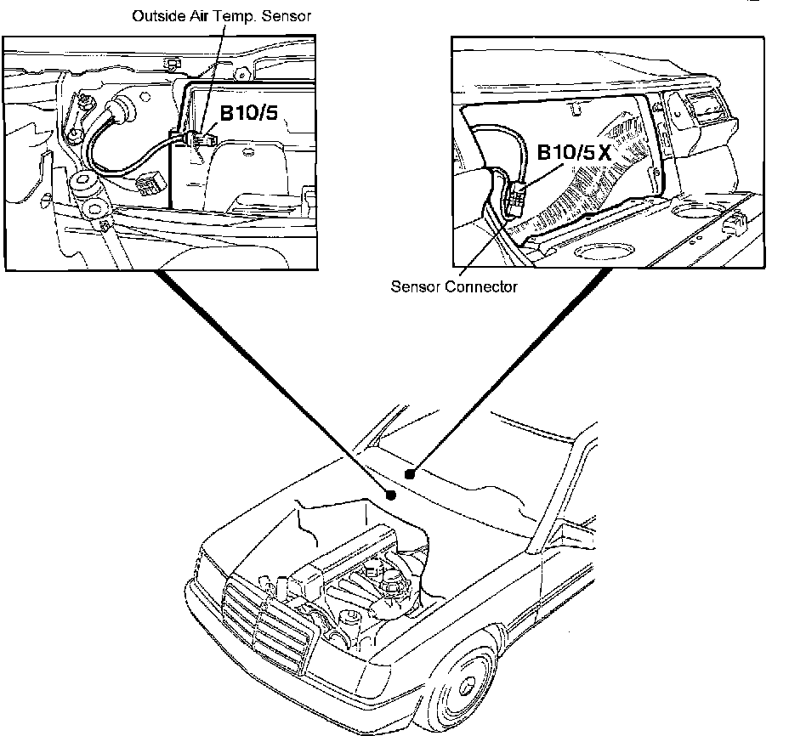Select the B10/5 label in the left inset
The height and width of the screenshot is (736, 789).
[x=250, y=113]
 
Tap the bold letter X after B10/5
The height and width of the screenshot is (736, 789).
[x=605, y=155]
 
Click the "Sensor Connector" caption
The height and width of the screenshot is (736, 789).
[x=453, y=286]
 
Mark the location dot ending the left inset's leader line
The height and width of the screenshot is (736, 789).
[x=391, y=494]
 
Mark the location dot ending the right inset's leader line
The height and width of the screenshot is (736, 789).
[x=410, y=473]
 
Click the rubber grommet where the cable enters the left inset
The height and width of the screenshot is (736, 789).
[x=119, y=110]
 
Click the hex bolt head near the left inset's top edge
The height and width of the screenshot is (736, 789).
[x=173, y=63]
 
